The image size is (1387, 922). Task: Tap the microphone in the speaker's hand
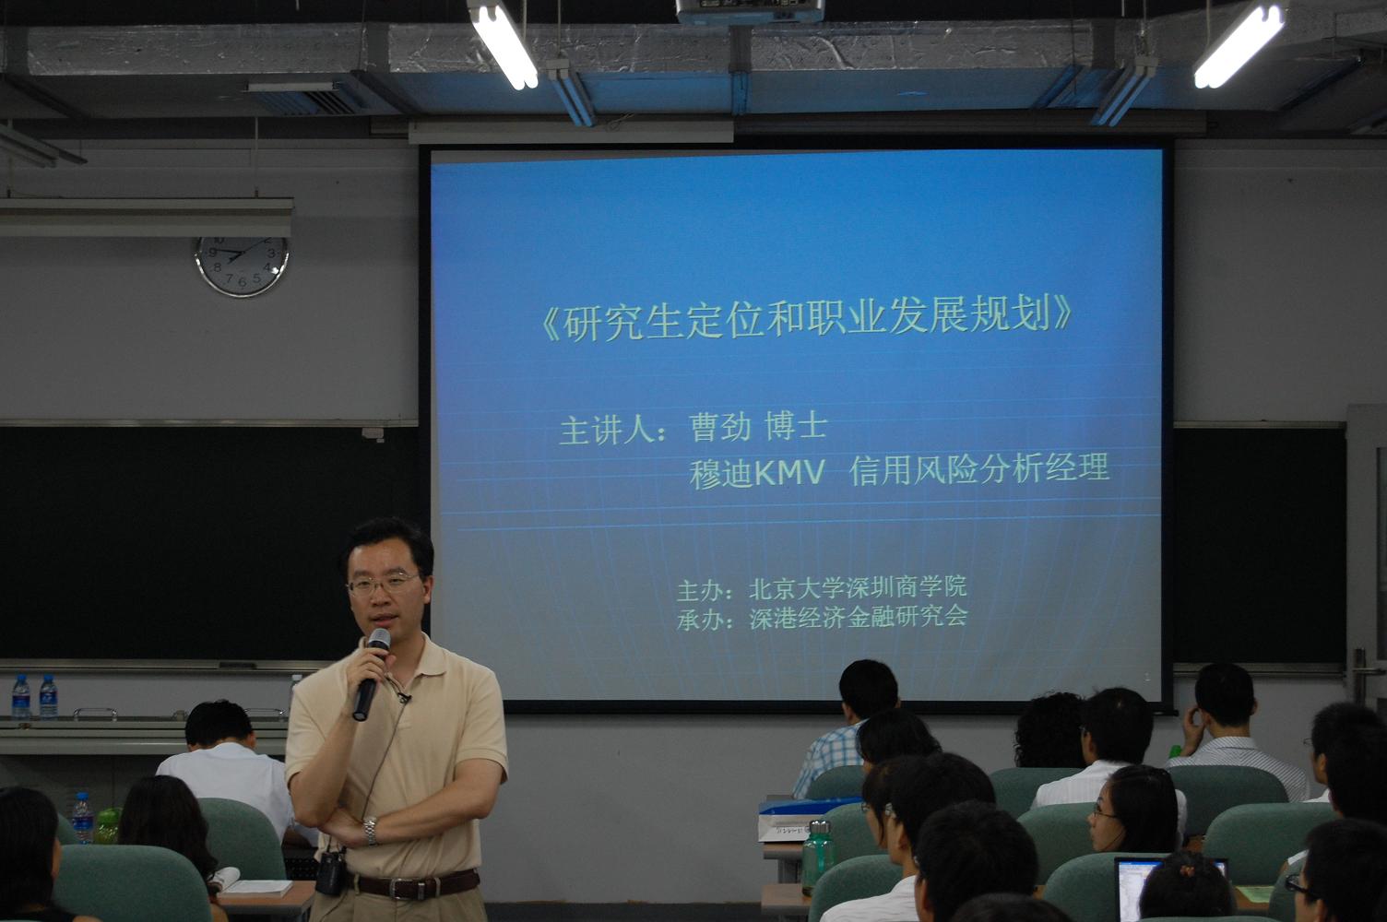(371, 674)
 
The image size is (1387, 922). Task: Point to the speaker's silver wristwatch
(371, 831)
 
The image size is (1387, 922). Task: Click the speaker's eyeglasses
(383, 583)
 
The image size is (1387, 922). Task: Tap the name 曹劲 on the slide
(720, 427)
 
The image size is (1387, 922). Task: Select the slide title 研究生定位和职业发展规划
(807, 317)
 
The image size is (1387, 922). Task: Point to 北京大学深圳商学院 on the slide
(858, 587)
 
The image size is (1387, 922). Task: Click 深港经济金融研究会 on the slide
(859, 616)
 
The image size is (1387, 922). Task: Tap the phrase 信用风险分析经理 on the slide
(979, 468)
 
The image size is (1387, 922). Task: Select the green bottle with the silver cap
(817, 857)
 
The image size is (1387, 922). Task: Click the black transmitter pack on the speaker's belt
(330, 873)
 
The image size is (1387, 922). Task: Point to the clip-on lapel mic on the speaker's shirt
(404, 698)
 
